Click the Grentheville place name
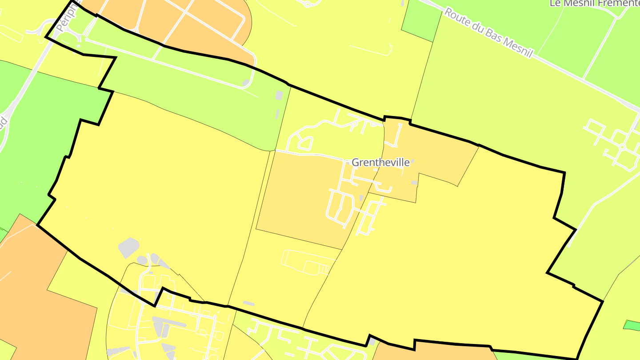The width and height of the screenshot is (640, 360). tap(380, 163)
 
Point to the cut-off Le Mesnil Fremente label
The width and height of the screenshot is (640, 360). tap(594, 4)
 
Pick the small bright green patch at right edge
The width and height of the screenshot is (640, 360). tap(632, 325)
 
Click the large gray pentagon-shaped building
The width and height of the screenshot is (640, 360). tap(128, 248)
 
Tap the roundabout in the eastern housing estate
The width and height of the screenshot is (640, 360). tap(622, 147)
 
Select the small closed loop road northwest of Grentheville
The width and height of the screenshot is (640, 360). tap(304, 143)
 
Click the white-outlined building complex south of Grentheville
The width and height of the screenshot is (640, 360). tap(307, 262)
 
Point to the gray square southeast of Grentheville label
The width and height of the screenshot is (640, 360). tap(414, 183)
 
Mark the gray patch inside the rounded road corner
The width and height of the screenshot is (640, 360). tap(245, 83)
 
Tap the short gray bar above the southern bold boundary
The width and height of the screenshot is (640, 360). tap(248, 303)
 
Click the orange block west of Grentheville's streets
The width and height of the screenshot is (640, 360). tap(298, 196)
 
